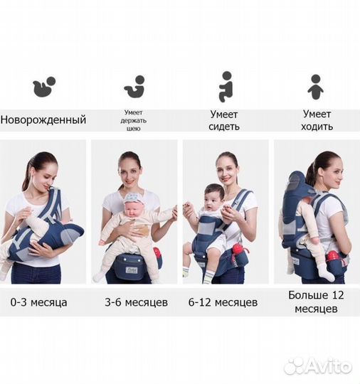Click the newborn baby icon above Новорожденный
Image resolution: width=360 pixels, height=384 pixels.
(43, 87)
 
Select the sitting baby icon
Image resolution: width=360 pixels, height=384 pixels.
(226, 85)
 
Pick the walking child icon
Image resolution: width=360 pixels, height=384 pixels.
(315, 86)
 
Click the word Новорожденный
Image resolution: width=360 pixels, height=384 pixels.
(43, 119)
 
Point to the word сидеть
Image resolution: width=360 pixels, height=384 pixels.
(225, 127)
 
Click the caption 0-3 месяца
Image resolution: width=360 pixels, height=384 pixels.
(40, 302)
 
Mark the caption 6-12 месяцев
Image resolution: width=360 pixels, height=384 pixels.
(224, 302)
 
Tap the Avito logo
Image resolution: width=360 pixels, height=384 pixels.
(318, 366)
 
